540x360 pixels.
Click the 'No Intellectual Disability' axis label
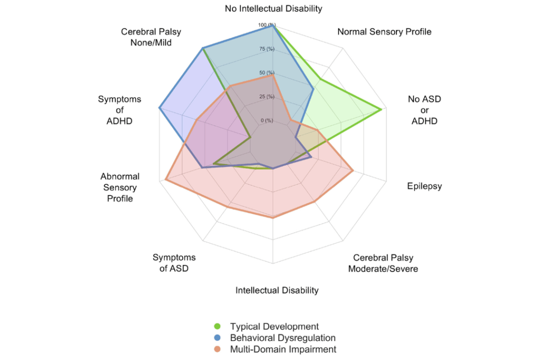click(273, 8)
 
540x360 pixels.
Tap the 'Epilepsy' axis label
click(424, 186)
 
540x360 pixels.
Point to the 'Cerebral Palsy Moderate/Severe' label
click(383, 264)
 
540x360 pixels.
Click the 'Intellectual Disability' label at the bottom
click(277, 290)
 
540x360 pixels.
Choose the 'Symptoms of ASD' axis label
click(174, 263)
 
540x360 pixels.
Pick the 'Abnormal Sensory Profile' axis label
click(120, 188)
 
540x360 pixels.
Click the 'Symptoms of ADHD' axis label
click(120, 110)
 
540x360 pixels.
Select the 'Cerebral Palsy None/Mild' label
click(151, 37)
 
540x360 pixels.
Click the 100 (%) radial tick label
click(267, 25)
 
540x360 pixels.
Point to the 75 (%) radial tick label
click(267, 49)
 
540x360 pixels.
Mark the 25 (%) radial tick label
click(267, 97)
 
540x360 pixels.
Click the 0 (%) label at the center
click(267, 121)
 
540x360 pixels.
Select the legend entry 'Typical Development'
click(274, 326)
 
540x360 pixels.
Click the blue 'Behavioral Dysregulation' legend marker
click(219, 338)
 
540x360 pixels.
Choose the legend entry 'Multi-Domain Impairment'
click(283, 349)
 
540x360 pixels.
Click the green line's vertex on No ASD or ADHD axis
click(381, 110)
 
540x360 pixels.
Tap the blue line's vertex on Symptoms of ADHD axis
click(159, 108)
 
